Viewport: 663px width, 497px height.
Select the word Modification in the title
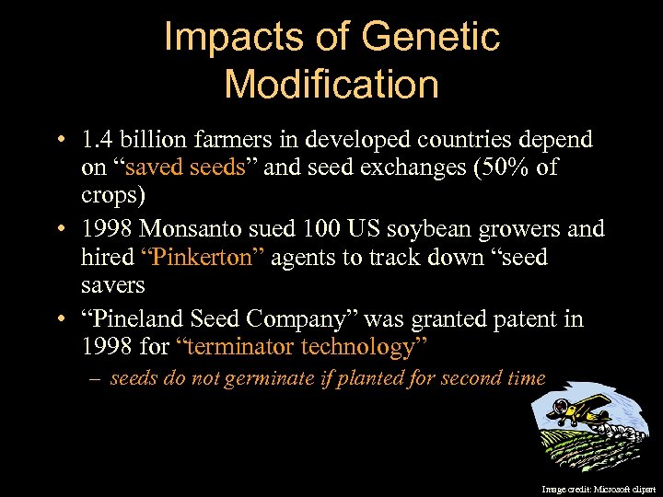331,84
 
